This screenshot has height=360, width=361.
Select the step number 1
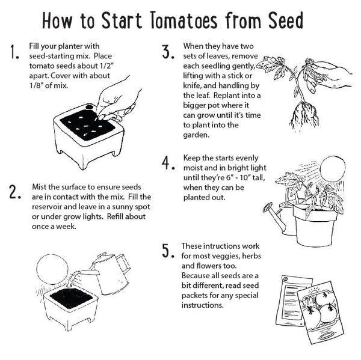coord(14,55)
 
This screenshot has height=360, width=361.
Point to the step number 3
coord(168,52)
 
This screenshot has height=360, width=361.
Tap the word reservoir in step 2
coord(49,207)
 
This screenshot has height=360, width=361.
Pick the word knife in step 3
coord(194,86)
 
